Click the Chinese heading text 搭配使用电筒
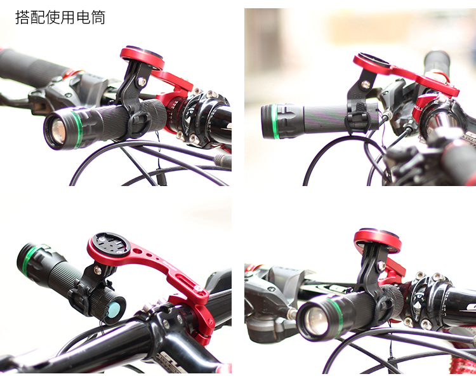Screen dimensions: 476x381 (60, 17)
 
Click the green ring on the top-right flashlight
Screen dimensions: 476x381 (275, 121)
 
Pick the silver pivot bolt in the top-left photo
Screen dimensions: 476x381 (142, 81)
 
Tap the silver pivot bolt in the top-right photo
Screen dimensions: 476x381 (365, 84)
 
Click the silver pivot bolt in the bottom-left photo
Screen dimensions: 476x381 (97, 269)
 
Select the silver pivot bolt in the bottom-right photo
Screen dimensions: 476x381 (381, 266)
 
